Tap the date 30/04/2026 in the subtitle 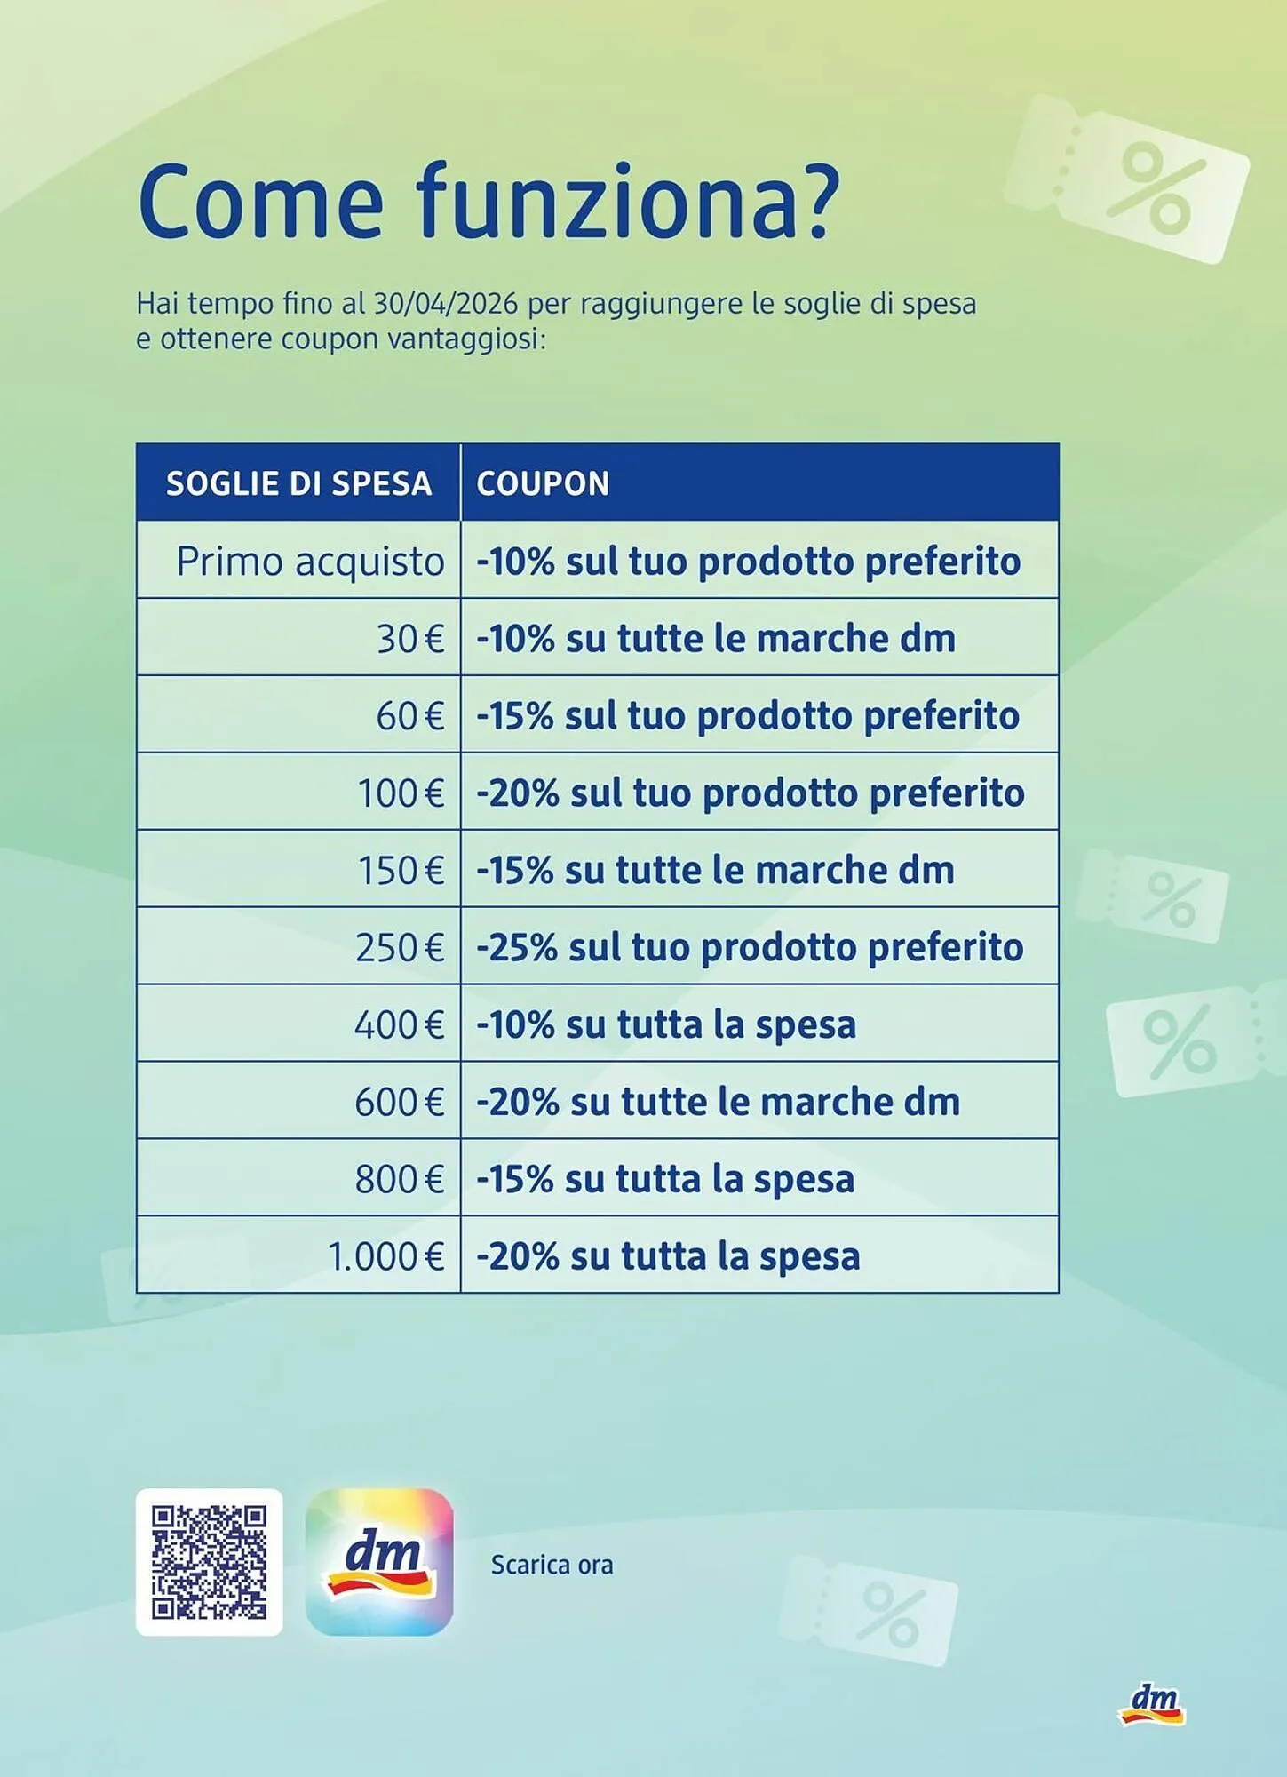tap(445, 304)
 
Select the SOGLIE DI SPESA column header tap(298, 483)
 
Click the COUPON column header tap(543, 483)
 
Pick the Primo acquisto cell tap(310, 562)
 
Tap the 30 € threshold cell tap(409, 639)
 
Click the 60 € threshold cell tap(409, 716)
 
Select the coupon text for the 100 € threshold tap(750, 793)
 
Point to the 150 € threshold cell tap(401, 871)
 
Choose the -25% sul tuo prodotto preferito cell tap(750, 947)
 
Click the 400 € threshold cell tap(399, 1025)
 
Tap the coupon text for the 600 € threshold tap(718, 1103)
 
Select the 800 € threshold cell tap(399, 1180)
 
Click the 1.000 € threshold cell tap(385, 1257)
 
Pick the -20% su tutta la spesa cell tap(668, 1257)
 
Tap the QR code tap(209, 1562)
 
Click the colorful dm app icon tap(379, 1562)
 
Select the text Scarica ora tap(552, 1565)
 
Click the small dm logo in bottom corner tap(1152, 1704)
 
